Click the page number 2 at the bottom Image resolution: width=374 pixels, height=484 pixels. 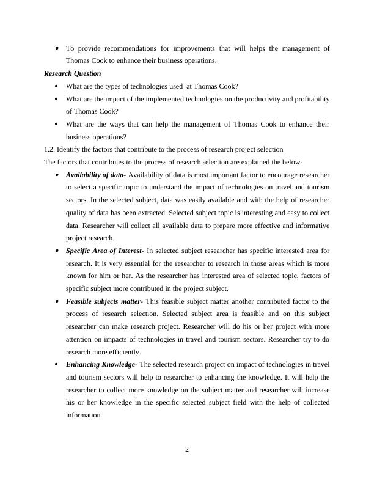[x=187, y=450]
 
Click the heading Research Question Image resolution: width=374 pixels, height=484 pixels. [x=73, y=73]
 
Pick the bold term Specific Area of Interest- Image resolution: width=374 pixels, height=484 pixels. [x=105, y=251]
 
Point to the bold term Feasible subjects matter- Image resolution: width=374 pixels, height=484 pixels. [x=104, y=301]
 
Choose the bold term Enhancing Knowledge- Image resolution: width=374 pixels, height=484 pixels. [x=102, y=364]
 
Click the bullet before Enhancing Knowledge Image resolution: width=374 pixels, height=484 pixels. [x=57, y=364]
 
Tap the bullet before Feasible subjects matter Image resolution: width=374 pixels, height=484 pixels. [x=57, y=301]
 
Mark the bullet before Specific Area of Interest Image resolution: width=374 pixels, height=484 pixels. [x=57, y=251]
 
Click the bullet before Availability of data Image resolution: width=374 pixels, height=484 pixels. [x=57, y=175]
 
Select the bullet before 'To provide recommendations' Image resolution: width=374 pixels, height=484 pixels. [x=57, y=48]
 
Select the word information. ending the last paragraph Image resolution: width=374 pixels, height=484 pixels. [x=84, y=415]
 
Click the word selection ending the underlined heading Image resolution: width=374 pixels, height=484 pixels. [x=269, y=149]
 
